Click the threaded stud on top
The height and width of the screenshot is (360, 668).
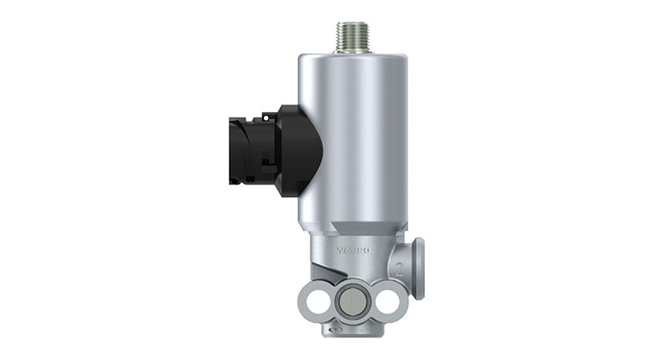pyautogui.click(x=349, y=35)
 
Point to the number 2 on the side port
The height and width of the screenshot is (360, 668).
pyautogui.click(x=401, y=271)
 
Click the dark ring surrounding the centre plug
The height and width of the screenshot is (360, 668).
pyautogui.click(x=350, y=288)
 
